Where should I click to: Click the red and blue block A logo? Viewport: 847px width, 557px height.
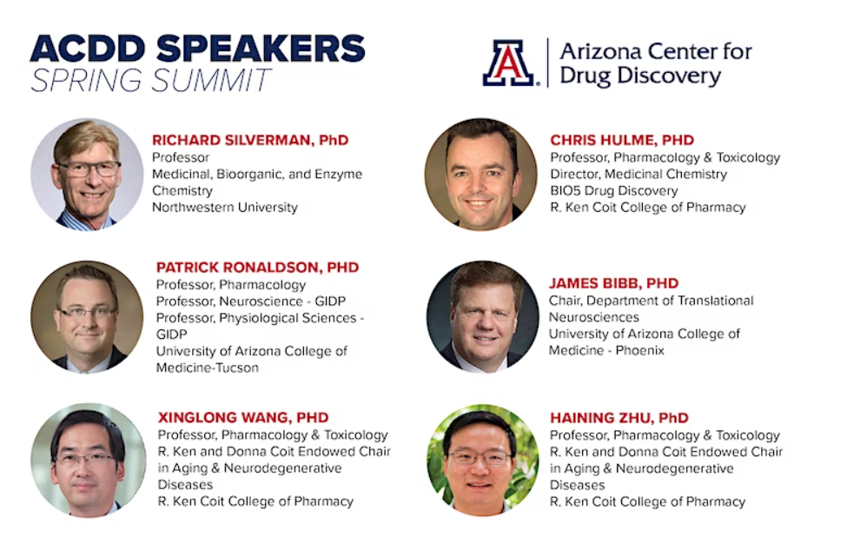(x=509, y=63)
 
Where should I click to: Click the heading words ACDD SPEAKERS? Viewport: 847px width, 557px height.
(x=198, y=49)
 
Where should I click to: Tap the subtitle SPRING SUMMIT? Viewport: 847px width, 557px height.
(x=150, y=81)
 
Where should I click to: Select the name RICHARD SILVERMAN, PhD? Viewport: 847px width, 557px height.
(x=250, y=140)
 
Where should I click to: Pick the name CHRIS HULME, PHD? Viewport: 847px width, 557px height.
(x=622, y=140)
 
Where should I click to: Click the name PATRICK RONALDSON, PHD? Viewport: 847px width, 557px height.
(x=257, y=268)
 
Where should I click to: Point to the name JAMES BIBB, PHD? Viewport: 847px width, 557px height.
(x=613, y=283)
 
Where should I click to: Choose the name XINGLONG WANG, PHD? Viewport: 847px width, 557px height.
(x=243, y=418)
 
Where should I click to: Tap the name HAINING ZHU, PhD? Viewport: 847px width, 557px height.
(x=619, y=418)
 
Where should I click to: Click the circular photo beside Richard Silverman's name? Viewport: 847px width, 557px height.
(x=87, y=175)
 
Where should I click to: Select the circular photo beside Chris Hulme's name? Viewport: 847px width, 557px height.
(x=480, y=175)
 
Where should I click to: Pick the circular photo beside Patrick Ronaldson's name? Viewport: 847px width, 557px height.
(x=87, y=317)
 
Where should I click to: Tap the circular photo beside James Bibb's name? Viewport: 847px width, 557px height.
(x=482, y=317)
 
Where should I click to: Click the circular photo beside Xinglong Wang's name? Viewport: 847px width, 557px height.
(x=88, y=461)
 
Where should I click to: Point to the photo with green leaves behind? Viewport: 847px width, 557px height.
(x=482, y=461)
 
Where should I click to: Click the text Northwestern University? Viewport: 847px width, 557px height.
(x=225, y=208)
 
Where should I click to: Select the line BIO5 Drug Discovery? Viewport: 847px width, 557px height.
(x=613, y=190)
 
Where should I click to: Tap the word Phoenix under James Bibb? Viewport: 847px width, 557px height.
(x=639, y=350)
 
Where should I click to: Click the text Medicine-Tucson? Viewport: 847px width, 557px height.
(x=208, y=368)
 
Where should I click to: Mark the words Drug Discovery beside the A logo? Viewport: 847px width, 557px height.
(x=640, y=76)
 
